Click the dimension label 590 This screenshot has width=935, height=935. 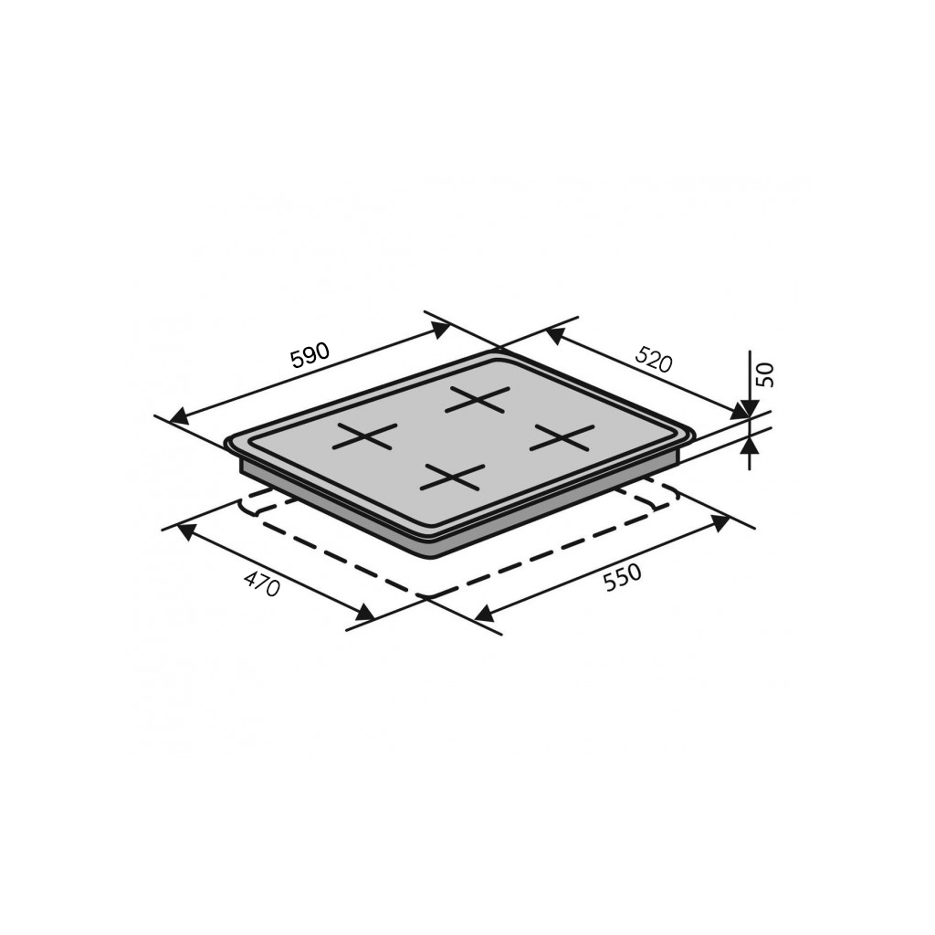(x=310, y=356)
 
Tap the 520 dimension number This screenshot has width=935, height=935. (x=655, y=359)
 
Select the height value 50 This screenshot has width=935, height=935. (x=766, y=373)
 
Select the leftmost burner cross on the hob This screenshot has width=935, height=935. (x=364, y=436)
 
